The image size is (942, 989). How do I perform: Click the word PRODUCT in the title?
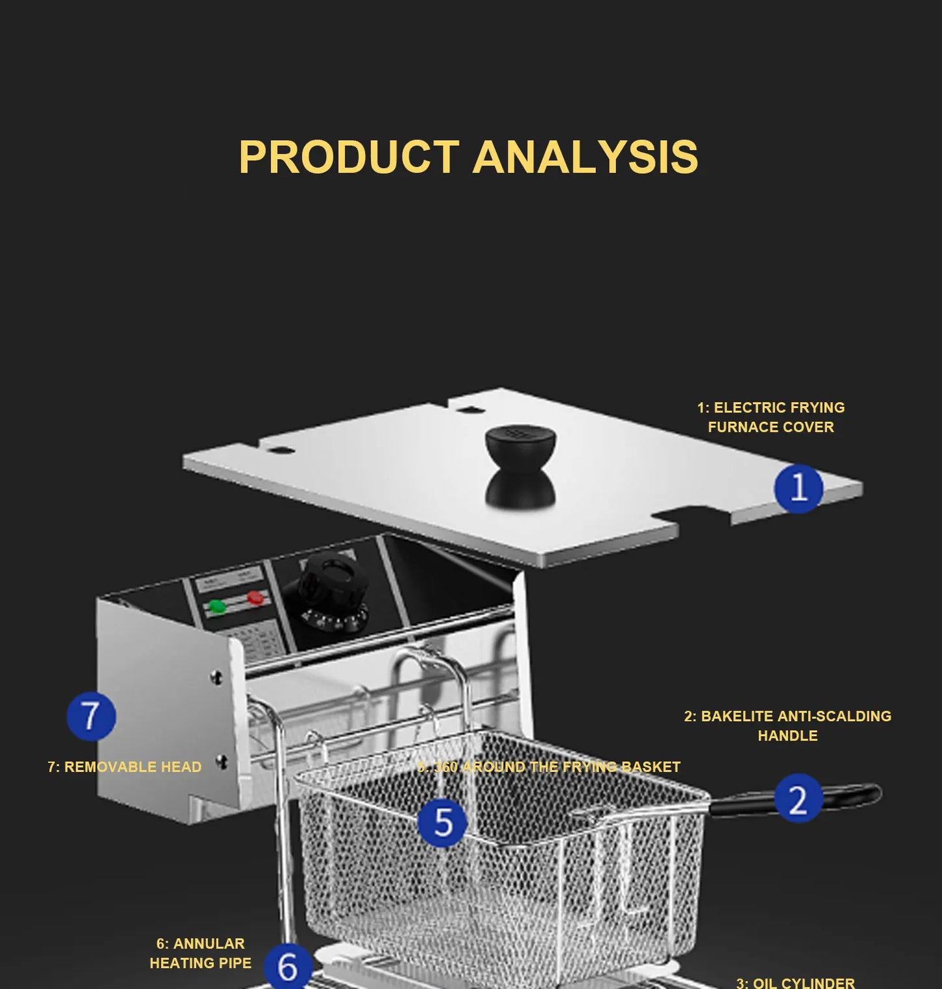[349, 157]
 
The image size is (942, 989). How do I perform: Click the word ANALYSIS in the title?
[585, 157]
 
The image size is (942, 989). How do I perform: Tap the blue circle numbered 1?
[799, 488]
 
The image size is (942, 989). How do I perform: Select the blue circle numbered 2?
[799, 799]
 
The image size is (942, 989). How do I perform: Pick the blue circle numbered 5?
[443, 822]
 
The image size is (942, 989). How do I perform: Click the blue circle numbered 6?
[288, 966]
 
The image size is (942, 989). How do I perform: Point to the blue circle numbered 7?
[91, 716]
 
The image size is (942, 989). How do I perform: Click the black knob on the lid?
[520, 464]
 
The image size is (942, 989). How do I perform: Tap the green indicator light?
[216, 608]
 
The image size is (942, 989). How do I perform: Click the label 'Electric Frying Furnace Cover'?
[771, 417]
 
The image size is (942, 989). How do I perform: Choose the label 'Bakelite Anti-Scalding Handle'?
[787, 726]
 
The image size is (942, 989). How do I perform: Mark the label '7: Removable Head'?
[125, 767]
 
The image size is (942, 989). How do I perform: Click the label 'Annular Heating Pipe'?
[200, 953]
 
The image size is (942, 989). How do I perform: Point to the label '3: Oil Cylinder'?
[795, 982]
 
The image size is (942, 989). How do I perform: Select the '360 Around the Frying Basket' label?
[549, 767]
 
